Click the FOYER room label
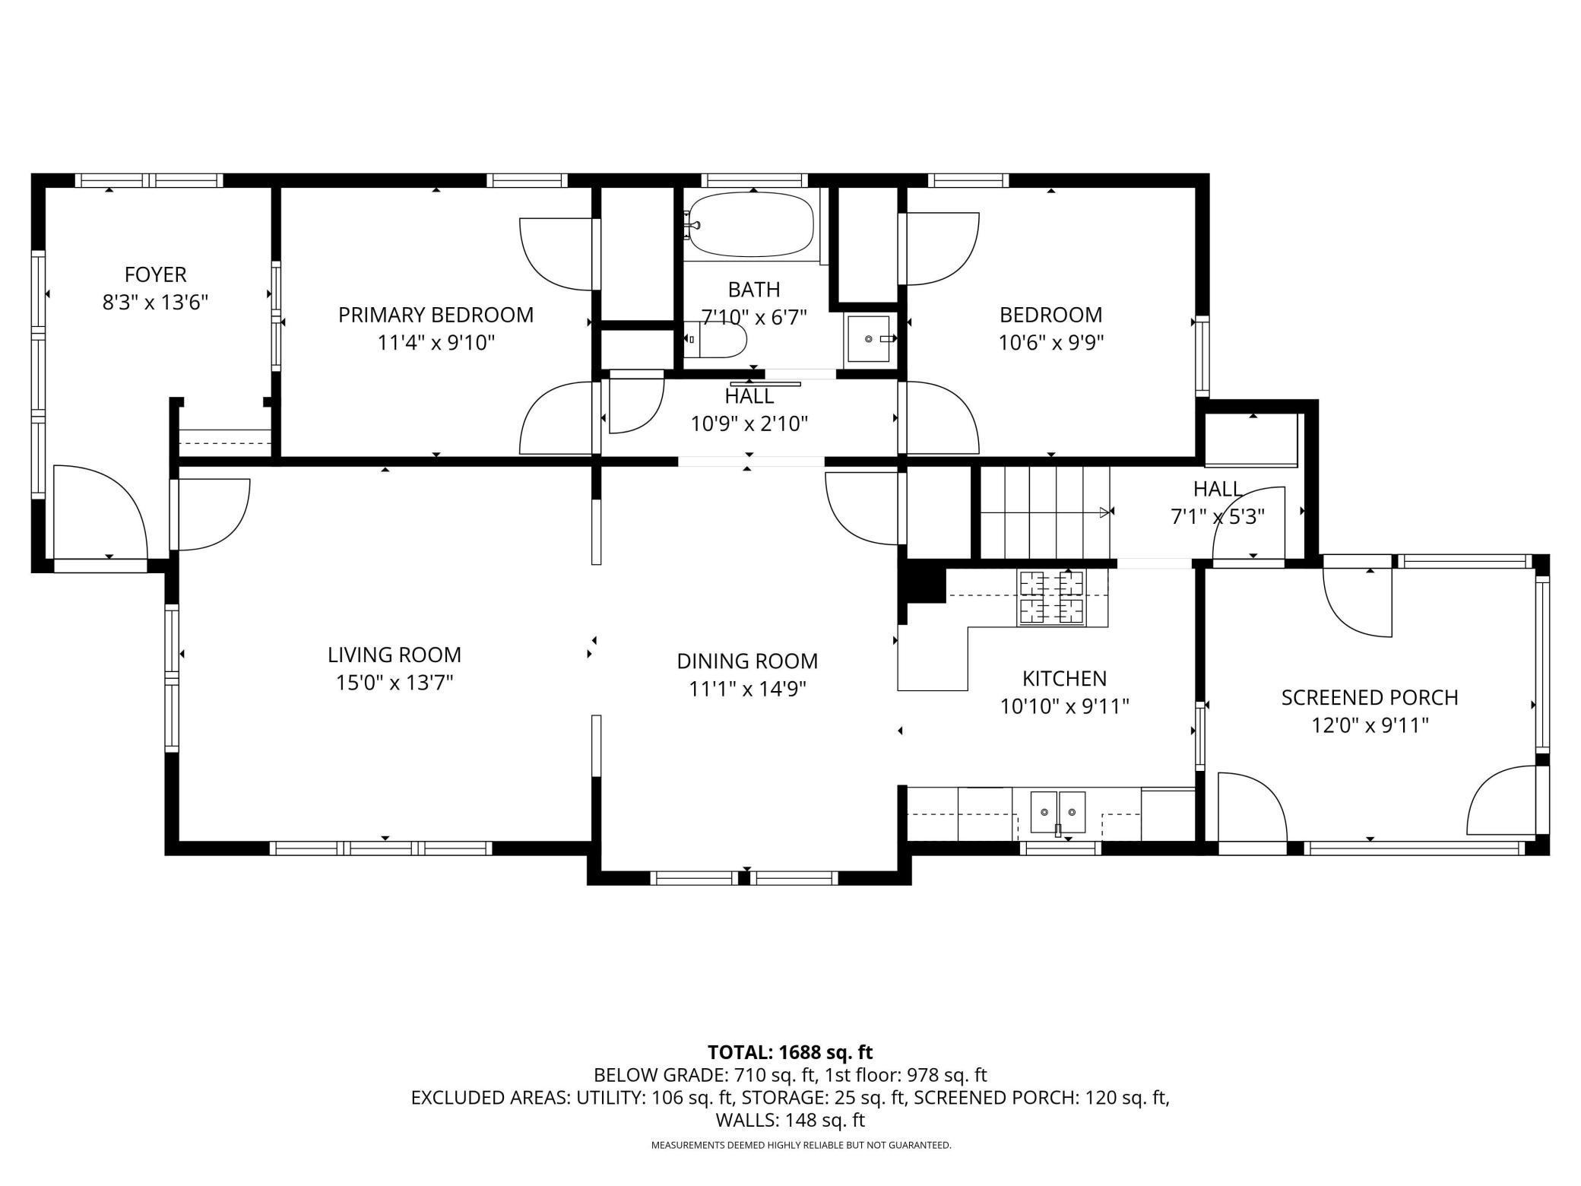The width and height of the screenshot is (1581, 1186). click(x=155, y=274)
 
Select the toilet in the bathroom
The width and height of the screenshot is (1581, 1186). click(x=715, y=340)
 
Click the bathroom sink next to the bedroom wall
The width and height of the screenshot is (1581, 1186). click(x=868, y=339)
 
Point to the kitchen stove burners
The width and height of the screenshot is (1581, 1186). click(x=1052, y=597)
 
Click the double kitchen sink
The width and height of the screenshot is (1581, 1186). click(x=1057, y=813)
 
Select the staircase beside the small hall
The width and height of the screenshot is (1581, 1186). click(x=1044, y=512)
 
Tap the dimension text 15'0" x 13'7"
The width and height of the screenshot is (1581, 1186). click(x=394, y=683)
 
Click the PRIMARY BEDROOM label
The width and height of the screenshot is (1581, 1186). click(x=436, y=315)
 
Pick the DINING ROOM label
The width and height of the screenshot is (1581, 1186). click(x=747, y=661)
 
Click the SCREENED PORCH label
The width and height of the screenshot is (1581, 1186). click(x=1370, y=698)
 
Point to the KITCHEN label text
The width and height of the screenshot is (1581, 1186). click(x=1064, y=679)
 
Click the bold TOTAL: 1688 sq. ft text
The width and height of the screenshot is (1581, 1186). click(x=790, y=1052)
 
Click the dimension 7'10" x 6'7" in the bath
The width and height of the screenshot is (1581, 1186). click(x=753, y=317)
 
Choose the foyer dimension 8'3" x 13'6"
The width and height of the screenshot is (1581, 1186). click(x=155, y=303)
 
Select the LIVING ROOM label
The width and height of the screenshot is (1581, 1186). click(x=394, y=655)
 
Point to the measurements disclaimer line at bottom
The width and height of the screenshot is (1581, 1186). click(x=801, y=1145)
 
